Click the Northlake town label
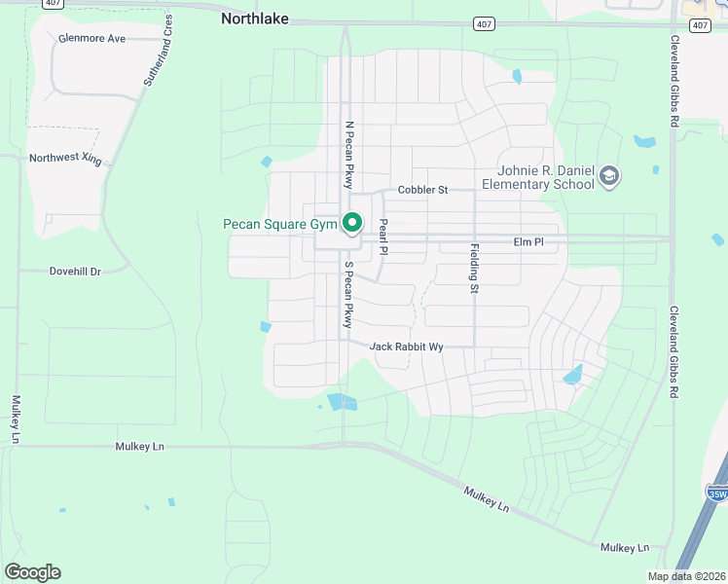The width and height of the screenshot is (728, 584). click(x=255, y=18)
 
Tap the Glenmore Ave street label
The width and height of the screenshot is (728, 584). click(x=92, y=39)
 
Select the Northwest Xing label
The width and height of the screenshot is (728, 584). click(x=65, y=158)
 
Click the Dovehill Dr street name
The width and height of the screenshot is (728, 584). click(x=75, y=272)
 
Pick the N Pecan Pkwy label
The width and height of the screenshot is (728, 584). click(x=347, y=155)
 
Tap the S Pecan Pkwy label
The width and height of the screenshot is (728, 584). click(x=347, y=295)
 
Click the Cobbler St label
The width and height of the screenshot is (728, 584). click(x=422, y=190)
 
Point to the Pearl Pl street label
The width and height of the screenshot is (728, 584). click(x=383, y=237)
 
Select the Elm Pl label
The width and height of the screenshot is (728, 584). click(x=528, y=241)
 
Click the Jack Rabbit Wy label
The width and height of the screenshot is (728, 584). click(x=406, y=347)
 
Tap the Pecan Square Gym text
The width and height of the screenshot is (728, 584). click(x=280, y=224)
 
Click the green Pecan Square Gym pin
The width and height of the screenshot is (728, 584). click(x=353, y=224)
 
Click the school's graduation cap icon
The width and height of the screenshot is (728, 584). click(x=610, y=176)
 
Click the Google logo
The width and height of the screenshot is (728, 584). click(x=32, y=572)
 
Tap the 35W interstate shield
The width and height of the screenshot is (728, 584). click(x=717, y=493)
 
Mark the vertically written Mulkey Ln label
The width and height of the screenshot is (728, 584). click(x=17, y=419)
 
